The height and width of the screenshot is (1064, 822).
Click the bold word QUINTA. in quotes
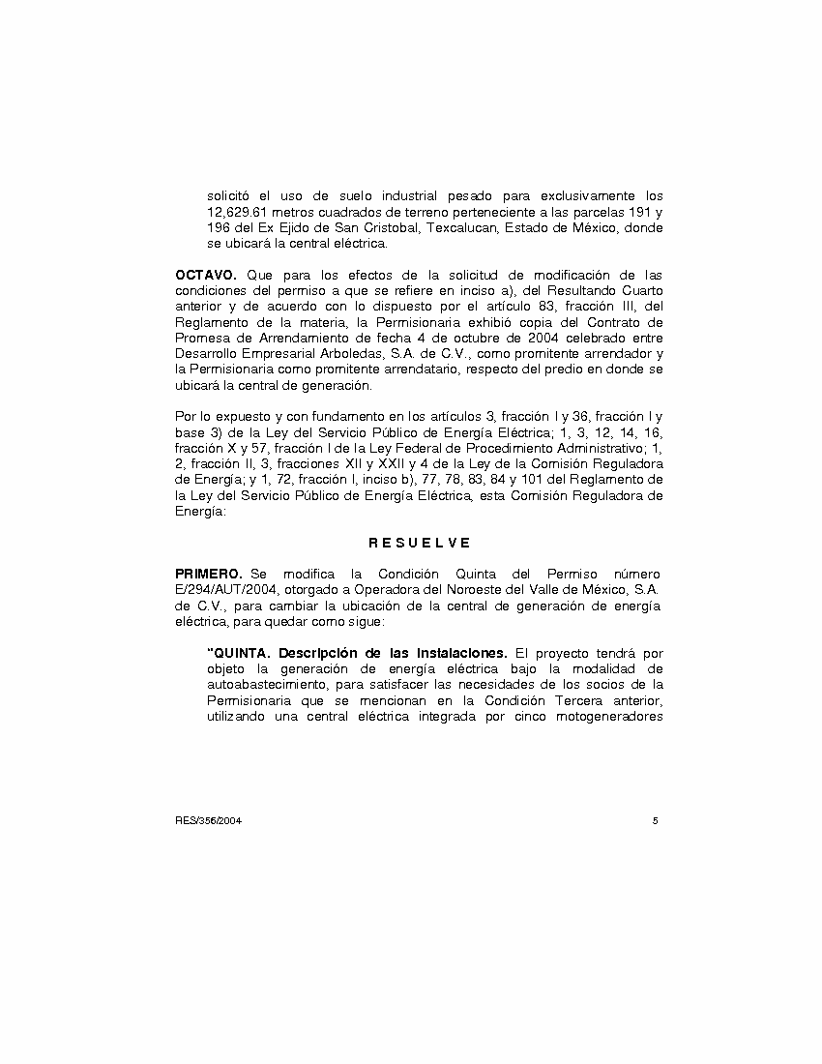click(239, 652)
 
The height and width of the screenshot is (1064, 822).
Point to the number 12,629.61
click(237, 212)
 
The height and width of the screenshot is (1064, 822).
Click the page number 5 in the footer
click(656, 820)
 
